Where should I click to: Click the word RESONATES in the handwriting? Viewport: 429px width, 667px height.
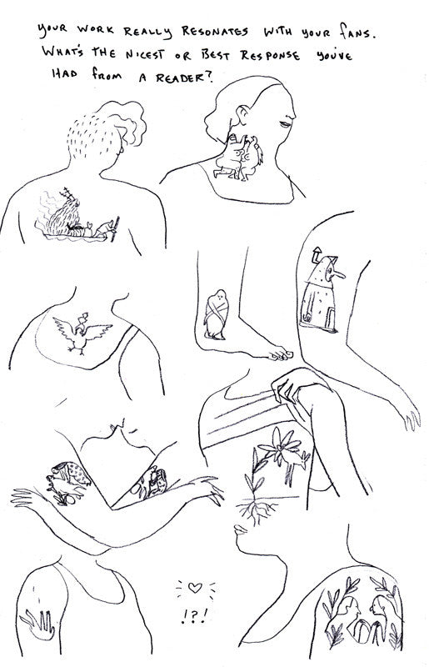[x=215, y=32]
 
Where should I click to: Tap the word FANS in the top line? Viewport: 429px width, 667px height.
[x=357, y=32]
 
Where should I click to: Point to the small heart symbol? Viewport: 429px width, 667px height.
[x=195, y=588]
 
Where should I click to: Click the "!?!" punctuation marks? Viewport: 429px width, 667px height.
[x=194, y=615]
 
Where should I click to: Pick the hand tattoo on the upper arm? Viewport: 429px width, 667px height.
[x=37, y=624]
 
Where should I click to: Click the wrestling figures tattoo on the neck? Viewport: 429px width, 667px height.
[x=238, y=158]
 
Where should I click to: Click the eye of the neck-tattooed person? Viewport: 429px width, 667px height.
[x=284, y=124]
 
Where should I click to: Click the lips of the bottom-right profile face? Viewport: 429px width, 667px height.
[x=240, y=529]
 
